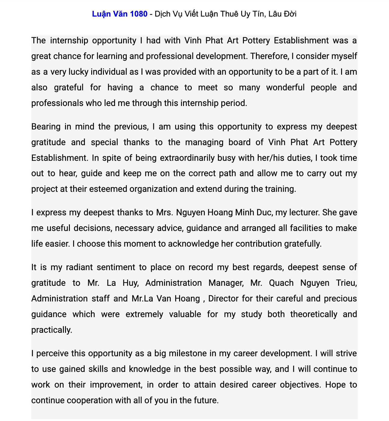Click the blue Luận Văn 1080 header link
120,14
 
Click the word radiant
79,267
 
